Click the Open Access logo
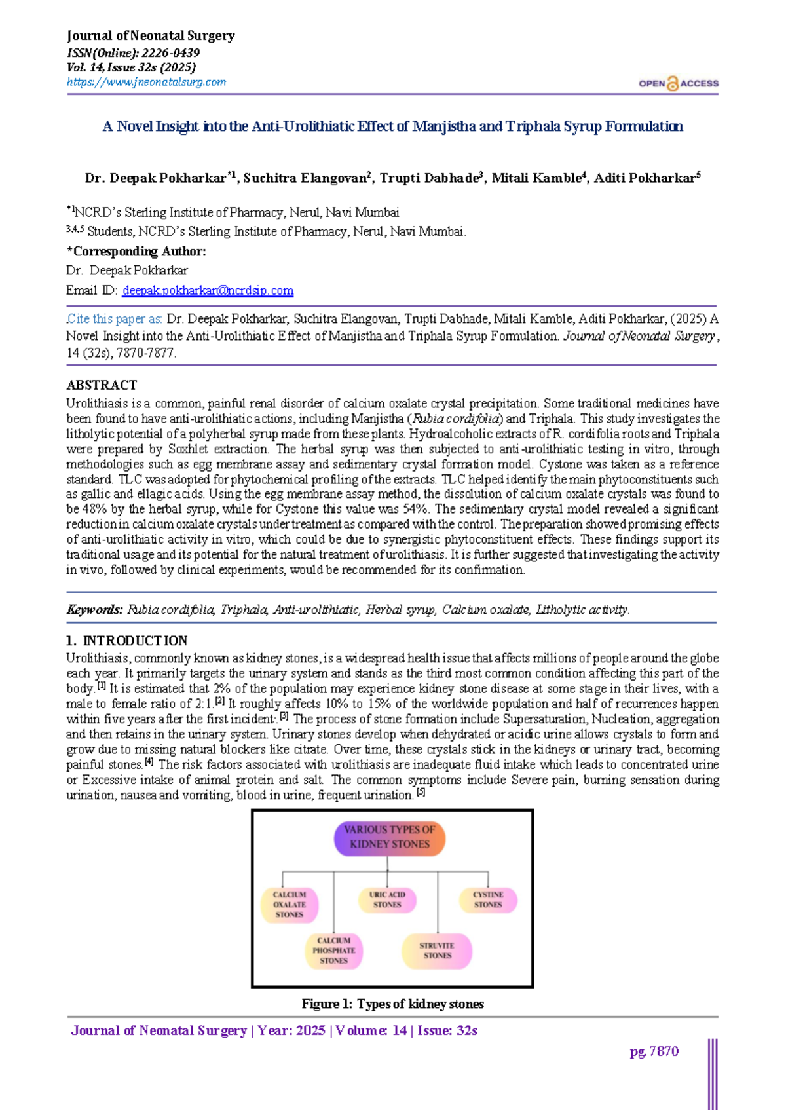(x=678, y=84)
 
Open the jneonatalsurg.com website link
(x=146, y=82)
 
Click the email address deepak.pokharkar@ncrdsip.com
(x=208, y=290)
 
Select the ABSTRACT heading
(x=102, y=385)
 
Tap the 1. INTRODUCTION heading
(x=127, y=641)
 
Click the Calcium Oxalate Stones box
(x=290, y=905)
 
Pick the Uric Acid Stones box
(x=387, y=899)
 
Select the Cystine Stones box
(x=488, y=899)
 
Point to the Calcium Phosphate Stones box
(x=333, y=951)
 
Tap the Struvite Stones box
(x=437, y=951)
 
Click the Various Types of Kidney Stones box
(x=390, y=837)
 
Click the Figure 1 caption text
(x=392, y=1004)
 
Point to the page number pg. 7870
(x=654, y=1051)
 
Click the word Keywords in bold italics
(x=94, y=610)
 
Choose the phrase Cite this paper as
(x=115, y=319)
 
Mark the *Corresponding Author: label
(x=136, y=252)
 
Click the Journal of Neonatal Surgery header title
(x=151, y=36)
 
